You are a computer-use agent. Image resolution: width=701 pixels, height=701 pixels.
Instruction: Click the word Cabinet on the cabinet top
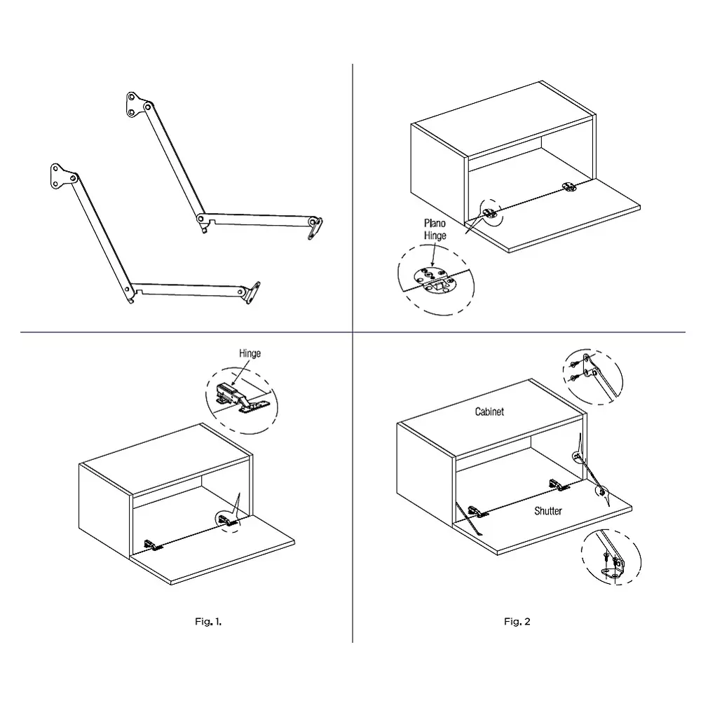click(489, 412)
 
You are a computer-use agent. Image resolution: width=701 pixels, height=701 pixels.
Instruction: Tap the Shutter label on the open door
click(547, 511)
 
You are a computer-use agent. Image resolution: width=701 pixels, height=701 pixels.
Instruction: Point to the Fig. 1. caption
click(208, 621)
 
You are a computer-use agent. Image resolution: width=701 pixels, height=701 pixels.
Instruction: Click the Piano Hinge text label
click(434, 229)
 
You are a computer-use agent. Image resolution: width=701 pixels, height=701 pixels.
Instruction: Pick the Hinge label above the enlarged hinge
click(250, 354)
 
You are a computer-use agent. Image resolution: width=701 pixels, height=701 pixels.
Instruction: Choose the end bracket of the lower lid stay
click(252, 292)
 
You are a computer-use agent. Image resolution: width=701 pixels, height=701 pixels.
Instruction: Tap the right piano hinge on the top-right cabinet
click(569, 186)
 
